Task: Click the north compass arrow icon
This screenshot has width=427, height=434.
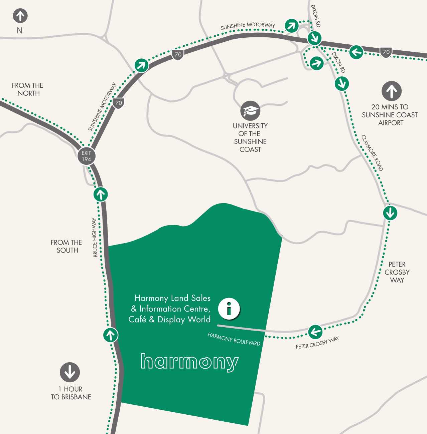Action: tap(20, 16)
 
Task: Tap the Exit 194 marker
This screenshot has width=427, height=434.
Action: tap(86, 156)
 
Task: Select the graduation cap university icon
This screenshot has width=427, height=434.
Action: tap(250, 111)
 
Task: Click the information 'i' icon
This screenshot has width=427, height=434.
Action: tap(229, 308)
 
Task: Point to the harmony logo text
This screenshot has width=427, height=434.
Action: tap(189, 362)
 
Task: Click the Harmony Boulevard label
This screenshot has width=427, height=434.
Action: tap(234, 339)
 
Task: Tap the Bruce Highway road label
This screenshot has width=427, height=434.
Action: tap(95, 238)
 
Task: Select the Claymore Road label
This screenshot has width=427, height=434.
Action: tap(372, 153)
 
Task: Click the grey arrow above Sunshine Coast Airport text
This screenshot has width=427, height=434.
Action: tap(391, 91)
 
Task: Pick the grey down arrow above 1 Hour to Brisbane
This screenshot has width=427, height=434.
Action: tap(70, 372)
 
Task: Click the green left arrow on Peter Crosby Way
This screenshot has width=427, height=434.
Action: tap(315, 332)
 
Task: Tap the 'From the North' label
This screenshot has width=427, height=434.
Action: tap(28, 89)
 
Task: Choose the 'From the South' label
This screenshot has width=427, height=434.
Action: tap(66, 246)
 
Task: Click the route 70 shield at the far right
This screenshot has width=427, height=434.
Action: tap(386, 52)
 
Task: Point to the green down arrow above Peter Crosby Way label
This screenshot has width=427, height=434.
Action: tap(390, 212)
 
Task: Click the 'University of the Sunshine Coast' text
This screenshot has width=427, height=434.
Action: tap(250, 137)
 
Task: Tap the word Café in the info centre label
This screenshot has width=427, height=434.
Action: tap(137, 319)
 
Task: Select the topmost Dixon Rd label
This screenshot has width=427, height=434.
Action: tap(315, 16)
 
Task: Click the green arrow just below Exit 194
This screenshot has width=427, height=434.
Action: tap(101, 194)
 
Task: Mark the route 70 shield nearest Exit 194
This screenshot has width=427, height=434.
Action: tap(119, 103)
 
